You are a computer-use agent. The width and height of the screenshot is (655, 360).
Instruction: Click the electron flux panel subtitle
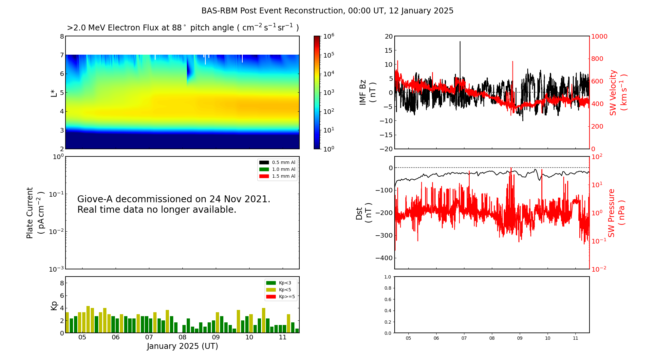(182, 28)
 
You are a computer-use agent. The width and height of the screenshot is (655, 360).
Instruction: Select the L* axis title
(54, 93)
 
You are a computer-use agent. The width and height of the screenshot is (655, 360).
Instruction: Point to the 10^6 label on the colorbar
(328, 36)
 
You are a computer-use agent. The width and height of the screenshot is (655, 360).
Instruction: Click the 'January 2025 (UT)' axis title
(182, 346)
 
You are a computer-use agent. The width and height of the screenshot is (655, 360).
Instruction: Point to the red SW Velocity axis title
(613, 93)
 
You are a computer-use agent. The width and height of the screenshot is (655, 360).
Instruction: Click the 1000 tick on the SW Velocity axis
(599, 36)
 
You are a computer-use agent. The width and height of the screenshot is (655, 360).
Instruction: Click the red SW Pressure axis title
(612, 213)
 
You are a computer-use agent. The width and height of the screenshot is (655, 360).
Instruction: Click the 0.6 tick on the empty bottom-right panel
(387, 299)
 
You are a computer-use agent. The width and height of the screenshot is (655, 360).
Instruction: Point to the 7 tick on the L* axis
(62, 55)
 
